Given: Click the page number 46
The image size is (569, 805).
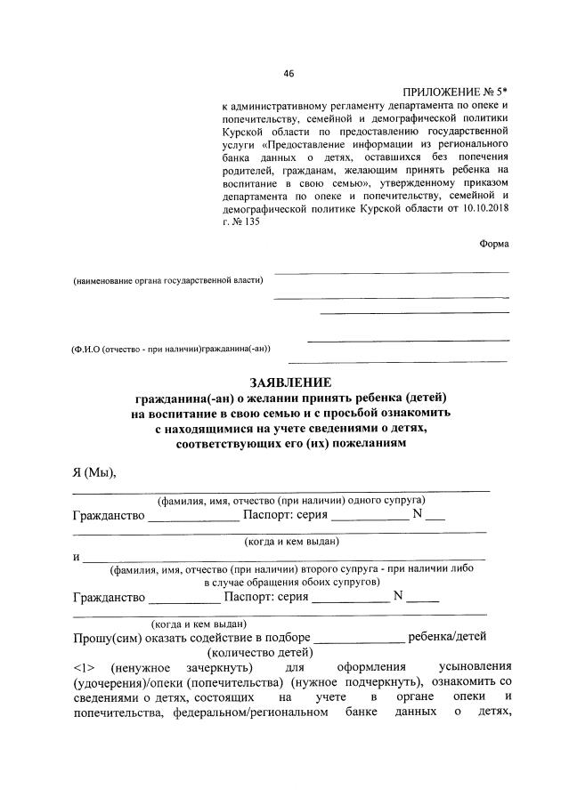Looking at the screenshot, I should click(288, 73).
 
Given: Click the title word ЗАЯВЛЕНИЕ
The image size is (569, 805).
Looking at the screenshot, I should click(284, 381).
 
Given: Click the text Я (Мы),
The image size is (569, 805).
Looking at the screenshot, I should click(94, 471).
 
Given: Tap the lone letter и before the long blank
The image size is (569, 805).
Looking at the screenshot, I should click(77, 556).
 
